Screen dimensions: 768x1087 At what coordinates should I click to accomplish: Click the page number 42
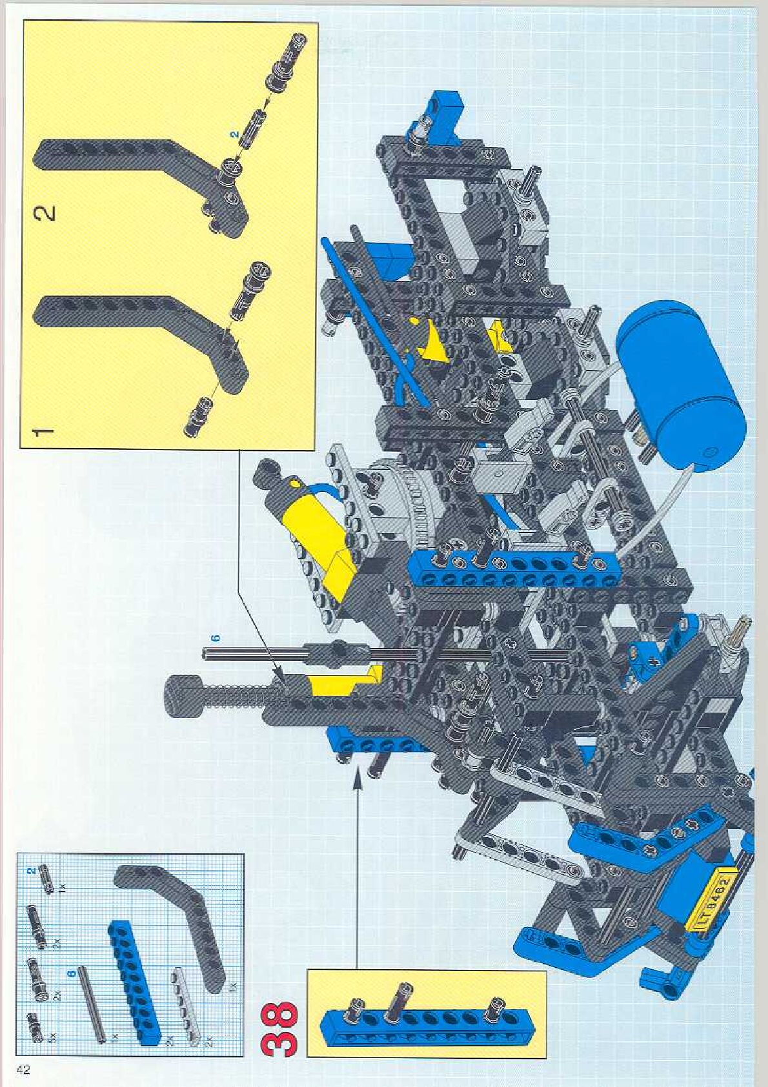[x=23, y=1070]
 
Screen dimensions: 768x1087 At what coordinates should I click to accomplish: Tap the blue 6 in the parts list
[x=72, y=972]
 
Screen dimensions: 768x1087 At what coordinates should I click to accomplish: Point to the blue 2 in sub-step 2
[x=236, y=134]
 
